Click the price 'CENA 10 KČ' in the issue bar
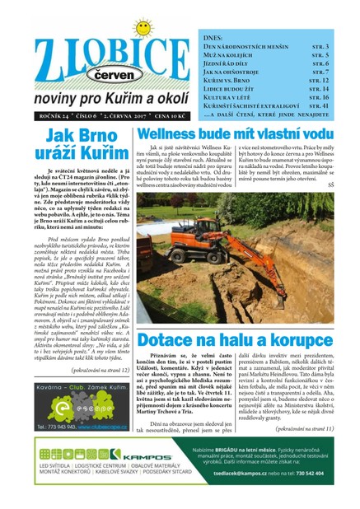pyautogui.click(x=161, y=115)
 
